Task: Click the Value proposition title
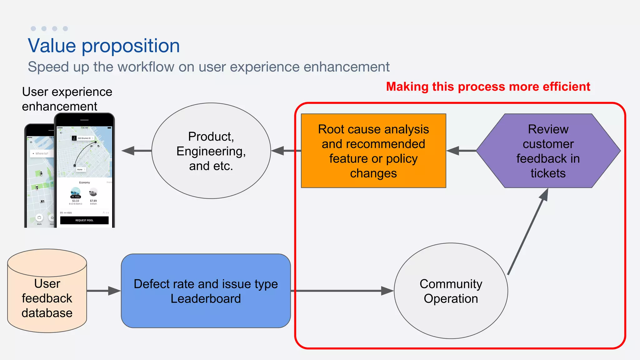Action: (x=104, y=46)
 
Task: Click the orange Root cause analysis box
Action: (x=373, y=151)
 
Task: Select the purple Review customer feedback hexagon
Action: (x=548, y=151)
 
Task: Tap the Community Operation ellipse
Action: (x=451, y=291)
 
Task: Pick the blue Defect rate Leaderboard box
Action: (x=206, y=291)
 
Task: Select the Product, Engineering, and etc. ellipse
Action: (x=211, y=151)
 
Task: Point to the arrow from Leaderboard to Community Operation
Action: (x=341, y=291)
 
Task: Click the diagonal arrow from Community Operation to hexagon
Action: (x=528, y=231)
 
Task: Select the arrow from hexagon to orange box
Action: (x=461, y=151)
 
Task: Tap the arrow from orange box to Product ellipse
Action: (x=286, y=151)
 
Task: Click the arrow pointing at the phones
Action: (x=136, y=151)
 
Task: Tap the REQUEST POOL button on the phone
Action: (x=84, y=220)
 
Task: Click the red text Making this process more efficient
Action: (x=488, y=87)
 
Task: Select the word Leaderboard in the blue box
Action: (x=206, y=299)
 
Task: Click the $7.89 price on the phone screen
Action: (x=93, y=201)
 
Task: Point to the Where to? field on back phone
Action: (x=42, y=153)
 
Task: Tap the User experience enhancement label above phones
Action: (x=67, y=99)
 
